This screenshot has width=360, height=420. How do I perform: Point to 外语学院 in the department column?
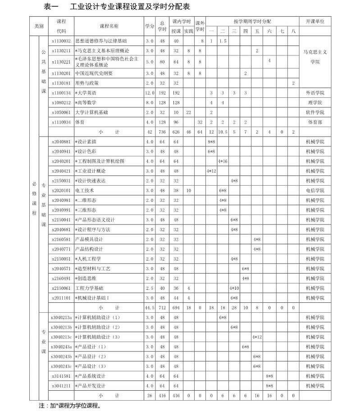[x=314, y=93]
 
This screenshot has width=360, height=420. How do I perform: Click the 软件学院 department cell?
[x=314, y=112]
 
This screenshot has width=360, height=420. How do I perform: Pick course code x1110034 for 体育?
[x=61, y=122]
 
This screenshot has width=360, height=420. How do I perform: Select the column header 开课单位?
[x=315, y=22]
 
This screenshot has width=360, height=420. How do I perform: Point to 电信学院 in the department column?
[x=314, y=190]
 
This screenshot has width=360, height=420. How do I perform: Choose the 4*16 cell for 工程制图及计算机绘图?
[x=223, y=161]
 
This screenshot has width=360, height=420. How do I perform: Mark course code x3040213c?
[x=61, y=337]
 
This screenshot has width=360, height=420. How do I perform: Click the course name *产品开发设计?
[x=91, y=386]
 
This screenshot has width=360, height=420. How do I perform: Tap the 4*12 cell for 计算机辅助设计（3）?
[x=257, y=337]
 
